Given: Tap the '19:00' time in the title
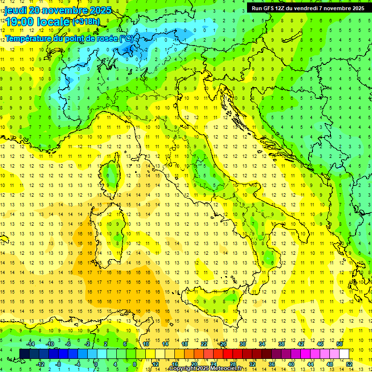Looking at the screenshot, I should click(x=19, y=22).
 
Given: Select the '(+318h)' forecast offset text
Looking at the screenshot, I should click(x=86, y=22).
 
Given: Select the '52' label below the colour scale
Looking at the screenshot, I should click(x=349, y=364).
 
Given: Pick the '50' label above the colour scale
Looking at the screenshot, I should click(x=340, y=344).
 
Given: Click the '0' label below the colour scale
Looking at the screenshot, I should click(x=96, y=364).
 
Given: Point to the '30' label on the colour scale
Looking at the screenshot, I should click(x=243, y=344).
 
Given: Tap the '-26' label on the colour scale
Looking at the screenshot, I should click(x=222, y=344).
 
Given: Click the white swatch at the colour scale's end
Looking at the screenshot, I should click(x=344, y=354).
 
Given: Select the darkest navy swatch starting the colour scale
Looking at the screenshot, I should click(x=24, y=354).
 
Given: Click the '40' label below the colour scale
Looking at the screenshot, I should click(x=291, y=364).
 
